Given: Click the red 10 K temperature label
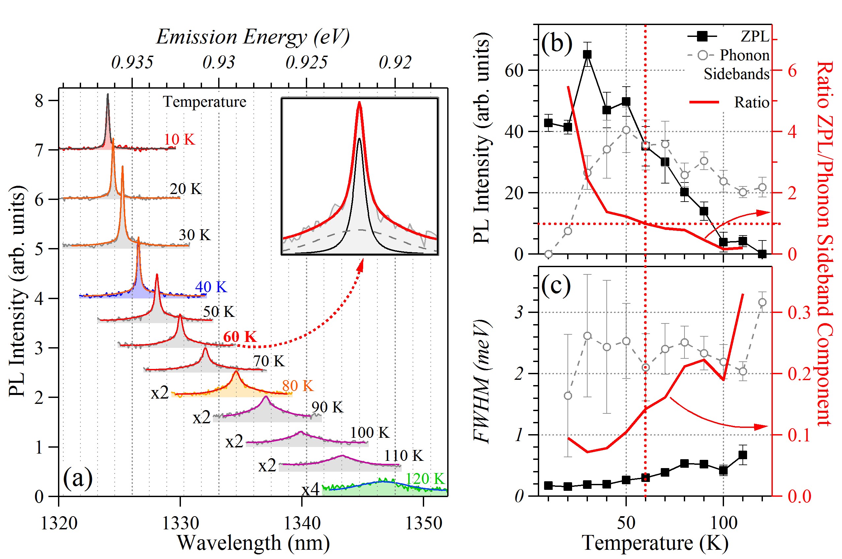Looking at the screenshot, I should pos(179,139).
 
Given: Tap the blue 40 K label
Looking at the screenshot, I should pos(211,287).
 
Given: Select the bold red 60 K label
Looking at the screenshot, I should pos(240,337).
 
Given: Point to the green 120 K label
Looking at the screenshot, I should pos(425,479).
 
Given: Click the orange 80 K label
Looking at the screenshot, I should pos(298,386).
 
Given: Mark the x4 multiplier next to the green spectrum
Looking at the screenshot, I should pos(310,490).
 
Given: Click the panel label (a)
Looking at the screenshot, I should pos(77,478).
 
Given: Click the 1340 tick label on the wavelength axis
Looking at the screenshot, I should pos(302,523).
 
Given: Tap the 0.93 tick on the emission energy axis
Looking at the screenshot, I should pos(218,62).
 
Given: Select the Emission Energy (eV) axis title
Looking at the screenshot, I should pos(253,37).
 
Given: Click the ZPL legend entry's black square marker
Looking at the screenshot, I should pos(702,36).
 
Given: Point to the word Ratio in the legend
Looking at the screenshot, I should pos(751,102).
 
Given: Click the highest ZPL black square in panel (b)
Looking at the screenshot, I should pos(587,55).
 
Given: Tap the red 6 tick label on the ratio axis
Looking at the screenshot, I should pos(792,71).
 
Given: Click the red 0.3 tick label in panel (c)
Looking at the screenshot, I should pos(799,313).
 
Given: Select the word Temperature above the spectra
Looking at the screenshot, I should pos(205,102).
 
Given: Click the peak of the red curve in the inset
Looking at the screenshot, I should pos(360,103).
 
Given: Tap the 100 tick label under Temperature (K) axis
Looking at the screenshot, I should pos(724,523).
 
